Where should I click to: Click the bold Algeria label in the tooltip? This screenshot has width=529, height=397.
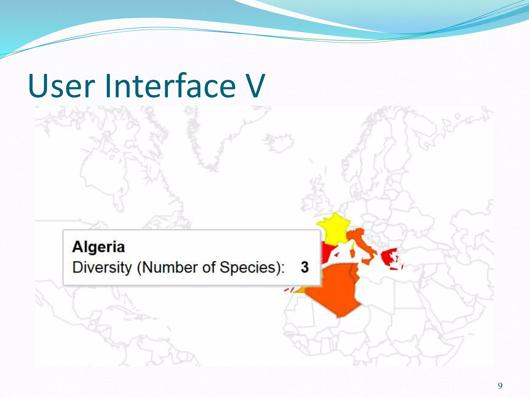point(98,247)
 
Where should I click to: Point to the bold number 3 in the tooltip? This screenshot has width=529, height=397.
point(305,267)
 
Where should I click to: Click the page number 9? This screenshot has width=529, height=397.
point(500,386)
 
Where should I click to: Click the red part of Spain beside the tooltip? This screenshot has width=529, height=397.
point(327,252)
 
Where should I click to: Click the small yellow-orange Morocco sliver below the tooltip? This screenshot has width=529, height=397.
point(300,290)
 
